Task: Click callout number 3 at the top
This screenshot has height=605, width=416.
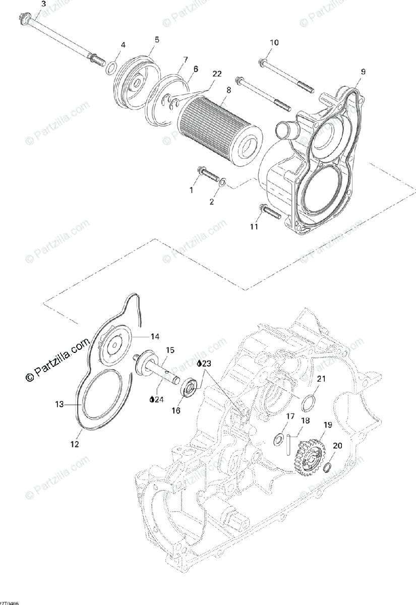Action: click(x=43, y=4)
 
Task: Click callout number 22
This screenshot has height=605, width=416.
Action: click(x=217, y=74)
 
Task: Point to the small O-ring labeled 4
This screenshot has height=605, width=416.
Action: click(x=112, y=68)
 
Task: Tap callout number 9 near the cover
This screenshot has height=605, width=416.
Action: click(x=364, y=71)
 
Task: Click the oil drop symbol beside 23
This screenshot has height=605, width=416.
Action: click(x=199, y=362)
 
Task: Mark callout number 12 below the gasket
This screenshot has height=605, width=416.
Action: click(x=75, y=444)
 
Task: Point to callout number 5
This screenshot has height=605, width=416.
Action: click(x=156, y=39)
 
